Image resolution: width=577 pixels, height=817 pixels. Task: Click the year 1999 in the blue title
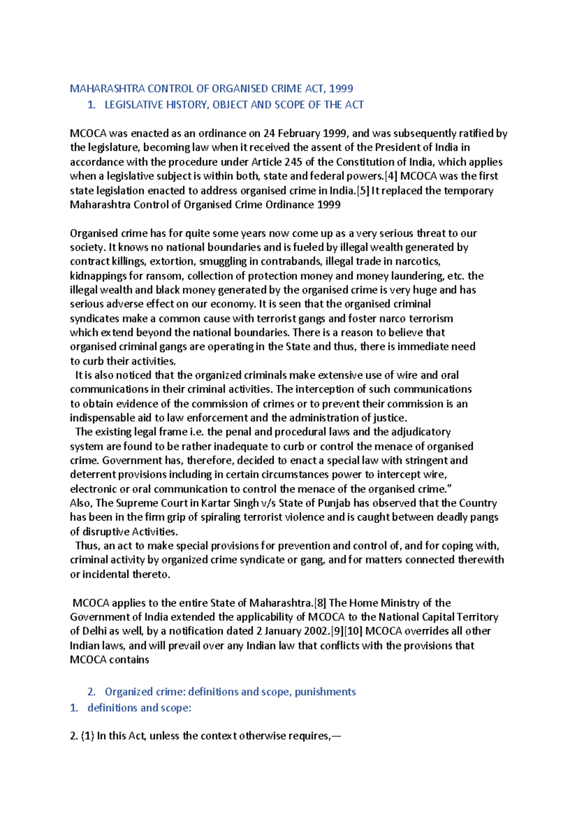(x=341, y=89)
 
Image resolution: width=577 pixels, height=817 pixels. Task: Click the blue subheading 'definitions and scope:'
(x=139, y=708)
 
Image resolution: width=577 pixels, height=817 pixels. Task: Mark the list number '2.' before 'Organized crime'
(x=91, y=692)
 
